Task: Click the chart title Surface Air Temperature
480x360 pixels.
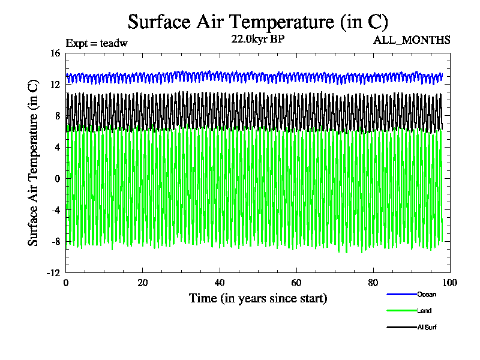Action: click(258, 22)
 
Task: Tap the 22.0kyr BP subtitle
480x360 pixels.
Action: click(258, 40)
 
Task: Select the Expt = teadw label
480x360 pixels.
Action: click(97, 43)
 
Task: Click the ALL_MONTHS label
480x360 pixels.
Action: click(412, 40)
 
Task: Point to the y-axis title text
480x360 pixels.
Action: click(34, 162)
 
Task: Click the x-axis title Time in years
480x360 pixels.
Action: click(258, 298)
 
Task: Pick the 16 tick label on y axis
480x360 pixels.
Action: click(55, 53)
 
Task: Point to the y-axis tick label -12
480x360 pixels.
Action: click(53, 272)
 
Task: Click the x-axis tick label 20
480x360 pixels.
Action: click(143, 283)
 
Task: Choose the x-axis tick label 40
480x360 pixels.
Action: click(220, 283)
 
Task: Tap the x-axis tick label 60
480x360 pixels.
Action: click(296, 283)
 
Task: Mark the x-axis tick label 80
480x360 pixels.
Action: click(373, 283)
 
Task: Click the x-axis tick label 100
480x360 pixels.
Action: click(450, 283)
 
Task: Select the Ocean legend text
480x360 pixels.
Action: click(427, 295)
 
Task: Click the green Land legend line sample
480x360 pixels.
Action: click(401, 311)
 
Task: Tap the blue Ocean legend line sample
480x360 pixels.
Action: click(401, 295)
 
